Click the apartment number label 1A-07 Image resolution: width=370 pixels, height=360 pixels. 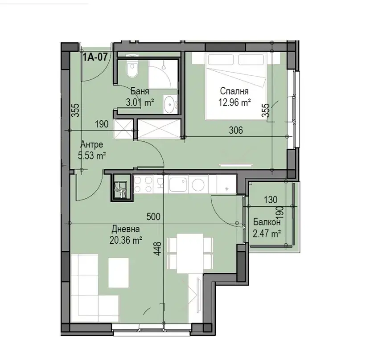[x=95, y=57]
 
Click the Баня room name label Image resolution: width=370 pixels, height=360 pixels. [x=140, y=91]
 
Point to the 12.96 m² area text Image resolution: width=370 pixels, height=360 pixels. [x=234, y=103]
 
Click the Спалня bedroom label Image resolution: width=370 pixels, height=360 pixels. [x=234, y=91]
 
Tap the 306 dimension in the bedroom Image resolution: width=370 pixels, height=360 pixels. [x=236, y=130]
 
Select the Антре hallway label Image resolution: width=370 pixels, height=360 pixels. [x=92, y=144]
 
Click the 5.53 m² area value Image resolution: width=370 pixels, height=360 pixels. [x=91, y=155]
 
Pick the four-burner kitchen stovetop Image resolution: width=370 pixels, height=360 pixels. [x=143, y=184]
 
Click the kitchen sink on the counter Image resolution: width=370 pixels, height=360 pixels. [x=178, y=184]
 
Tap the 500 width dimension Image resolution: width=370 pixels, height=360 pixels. [x=153, y=217]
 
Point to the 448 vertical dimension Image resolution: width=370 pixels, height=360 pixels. [x=158, y=249]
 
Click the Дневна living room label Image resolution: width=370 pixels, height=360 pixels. [x=126, y=229]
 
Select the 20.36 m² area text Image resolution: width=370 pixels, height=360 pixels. [x=126, y=241]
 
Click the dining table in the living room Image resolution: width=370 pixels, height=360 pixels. [x=190, y=254]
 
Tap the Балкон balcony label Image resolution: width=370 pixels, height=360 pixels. [x=267, y=222]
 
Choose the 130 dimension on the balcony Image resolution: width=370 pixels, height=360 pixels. [x=271, y=200]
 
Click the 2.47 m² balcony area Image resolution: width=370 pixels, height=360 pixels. [x=267, y=234]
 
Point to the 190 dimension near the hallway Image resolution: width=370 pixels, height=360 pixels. [x=102, y=124]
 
